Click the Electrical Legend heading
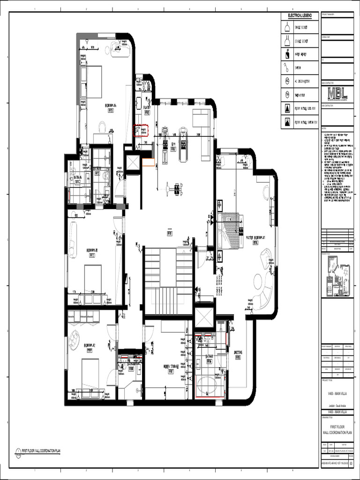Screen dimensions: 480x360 point(299,15)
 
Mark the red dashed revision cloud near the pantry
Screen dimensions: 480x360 point(141,130)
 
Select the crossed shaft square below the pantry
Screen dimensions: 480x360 point(133,163)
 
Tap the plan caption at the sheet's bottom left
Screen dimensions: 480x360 point(41,451)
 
